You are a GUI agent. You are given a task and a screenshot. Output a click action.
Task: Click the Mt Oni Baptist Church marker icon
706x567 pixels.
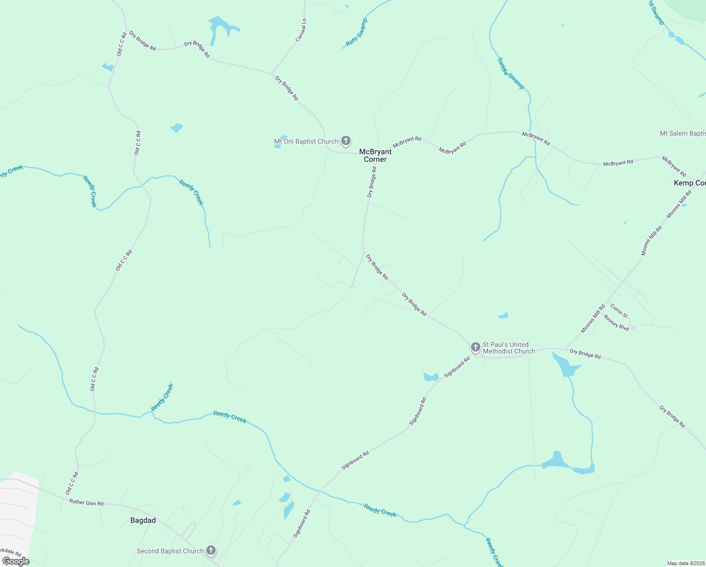346,140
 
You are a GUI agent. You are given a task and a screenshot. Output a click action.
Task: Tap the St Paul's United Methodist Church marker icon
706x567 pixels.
475,347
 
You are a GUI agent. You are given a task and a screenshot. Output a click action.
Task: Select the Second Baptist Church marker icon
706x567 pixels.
211,550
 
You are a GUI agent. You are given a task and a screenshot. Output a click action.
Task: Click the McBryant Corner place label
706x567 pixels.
375,155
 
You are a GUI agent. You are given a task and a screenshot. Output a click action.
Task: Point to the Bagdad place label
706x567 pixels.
143,520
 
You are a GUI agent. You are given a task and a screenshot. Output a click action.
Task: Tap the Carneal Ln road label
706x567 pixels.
301,30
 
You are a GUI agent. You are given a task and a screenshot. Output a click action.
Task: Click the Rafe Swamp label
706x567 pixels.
356,33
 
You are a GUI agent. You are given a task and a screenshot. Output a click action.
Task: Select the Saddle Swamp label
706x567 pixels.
511,73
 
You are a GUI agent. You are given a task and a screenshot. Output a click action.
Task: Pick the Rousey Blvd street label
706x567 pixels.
616,324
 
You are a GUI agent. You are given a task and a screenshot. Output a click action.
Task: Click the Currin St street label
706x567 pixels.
619,311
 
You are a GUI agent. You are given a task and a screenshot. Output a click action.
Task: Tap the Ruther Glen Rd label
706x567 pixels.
86,503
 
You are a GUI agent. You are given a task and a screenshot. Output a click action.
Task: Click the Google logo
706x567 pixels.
16,561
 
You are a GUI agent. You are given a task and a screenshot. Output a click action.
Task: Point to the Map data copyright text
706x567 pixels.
685,563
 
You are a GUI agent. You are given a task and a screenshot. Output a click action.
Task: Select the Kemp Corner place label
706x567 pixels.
689,183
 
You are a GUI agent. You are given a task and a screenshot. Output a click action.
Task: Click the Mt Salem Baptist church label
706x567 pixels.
682,134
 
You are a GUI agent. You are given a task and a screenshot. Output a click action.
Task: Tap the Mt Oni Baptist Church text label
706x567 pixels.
306,141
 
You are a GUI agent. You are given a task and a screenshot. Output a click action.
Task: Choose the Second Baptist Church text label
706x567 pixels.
170,551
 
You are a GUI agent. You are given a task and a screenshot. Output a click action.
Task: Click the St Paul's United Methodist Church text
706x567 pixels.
509,348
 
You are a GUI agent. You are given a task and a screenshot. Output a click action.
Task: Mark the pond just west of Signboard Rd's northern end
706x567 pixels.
431,377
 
